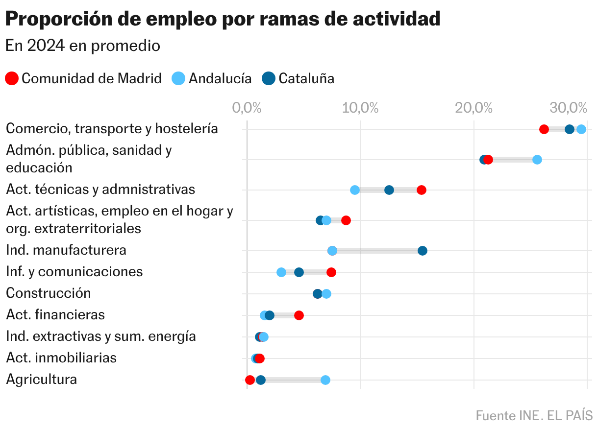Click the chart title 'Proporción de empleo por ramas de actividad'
(223, 19)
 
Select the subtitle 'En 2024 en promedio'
(83, 46)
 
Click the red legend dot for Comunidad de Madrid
(12, 78)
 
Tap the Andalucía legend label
(220, 78)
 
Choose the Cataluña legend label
(306, 78)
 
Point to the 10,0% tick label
(360, 108)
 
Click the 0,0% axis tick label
(247, 108)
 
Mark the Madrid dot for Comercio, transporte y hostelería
(544, 129)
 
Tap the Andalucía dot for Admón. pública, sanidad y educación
(537, 160)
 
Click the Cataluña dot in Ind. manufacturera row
(422, 251)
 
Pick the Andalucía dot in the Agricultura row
(325, 380)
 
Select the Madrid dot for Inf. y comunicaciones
(331, 272)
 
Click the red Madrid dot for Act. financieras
(299, 315)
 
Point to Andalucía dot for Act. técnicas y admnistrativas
(355, 190)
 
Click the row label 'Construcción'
(49, 293)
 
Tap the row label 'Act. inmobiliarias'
(61, 358)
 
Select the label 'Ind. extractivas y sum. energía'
(101, 336)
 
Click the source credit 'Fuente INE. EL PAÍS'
(534, 416)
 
